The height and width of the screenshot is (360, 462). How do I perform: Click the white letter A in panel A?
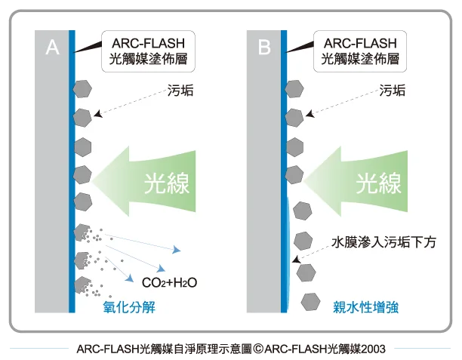pyautogui.click(x=52, y=47)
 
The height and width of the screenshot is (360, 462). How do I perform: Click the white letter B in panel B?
pyautogui.click(x=264, y=47)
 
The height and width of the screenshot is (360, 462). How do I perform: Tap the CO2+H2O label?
pyautogui.click(x=169, y=283)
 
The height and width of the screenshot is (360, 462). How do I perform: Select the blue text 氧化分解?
pyautogui.click(x=129, y=307)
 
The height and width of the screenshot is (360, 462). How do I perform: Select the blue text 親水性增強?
pyautogui.click(x=365, y=307)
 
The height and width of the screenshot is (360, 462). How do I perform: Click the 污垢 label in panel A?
pyautogui.click(x=180, y=91)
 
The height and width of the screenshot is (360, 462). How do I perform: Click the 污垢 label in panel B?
pyautogui.click(x=392, y=91)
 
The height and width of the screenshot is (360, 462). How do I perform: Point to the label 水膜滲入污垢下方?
pyautogui.click(x=383, y=242)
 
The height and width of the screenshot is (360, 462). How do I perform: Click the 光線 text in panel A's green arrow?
pyautogui.click(x=167, y=183)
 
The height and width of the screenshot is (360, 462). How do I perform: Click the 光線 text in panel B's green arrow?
pyautogui.click(x=379, y=183)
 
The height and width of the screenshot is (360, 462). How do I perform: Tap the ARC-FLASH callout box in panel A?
pyautogui.click(x=148, y=51)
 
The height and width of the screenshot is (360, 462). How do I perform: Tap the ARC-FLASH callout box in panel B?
pyautogui.click(x=360, y=51)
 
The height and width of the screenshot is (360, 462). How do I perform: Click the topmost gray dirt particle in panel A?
pyautogui.click(x=82, y=88)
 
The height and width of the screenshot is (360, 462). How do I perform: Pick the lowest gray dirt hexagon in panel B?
pyautogui.click(x=310, y=302)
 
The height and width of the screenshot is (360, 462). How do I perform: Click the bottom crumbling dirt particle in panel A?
pyautogui.click(x=82, y=285)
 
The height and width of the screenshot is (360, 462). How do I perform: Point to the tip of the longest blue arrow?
pyautogui.click(x=180, y=251)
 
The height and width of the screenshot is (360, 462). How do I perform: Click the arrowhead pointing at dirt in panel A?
pyautogui.click(x=97, y=114)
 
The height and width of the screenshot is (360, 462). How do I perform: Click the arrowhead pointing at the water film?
pyautogui.click(x=296, y=260)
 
